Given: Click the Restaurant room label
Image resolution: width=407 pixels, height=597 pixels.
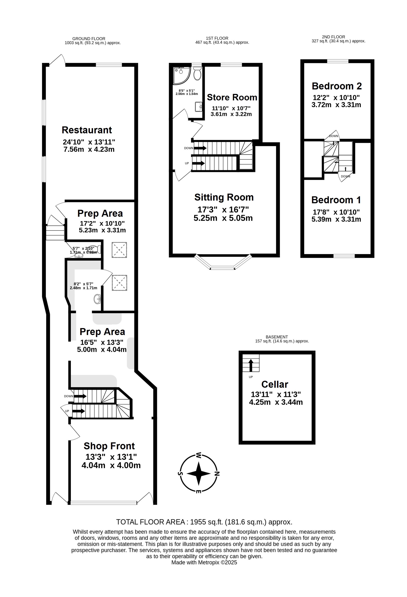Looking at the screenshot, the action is tap(87, 130).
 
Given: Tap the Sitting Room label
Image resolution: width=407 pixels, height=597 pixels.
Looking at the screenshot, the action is tap(224, 197).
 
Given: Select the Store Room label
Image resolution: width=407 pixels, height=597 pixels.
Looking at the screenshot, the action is tap(232, 97).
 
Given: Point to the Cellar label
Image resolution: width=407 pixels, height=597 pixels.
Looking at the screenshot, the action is tap(275, 384).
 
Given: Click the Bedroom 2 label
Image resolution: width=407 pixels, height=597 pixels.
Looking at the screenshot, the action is tap(337, 86).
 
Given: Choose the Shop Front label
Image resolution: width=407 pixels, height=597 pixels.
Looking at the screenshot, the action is tap(109, 446).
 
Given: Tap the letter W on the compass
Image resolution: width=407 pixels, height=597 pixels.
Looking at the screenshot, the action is tap(199, 455).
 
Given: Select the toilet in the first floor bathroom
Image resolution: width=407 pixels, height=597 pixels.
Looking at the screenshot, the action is tap(197, 73).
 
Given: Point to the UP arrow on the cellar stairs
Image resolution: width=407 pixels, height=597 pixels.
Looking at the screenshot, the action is tap(251, 365).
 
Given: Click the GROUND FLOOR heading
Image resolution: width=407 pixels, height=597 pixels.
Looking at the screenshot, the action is tap(89, 39).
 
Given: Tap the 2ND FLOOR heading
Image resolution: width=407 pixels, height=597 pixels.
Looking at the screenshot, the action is tap(333, 37).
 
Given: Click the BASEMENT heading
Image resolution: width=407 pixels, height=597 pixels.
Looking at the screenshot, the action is tap(277, 337).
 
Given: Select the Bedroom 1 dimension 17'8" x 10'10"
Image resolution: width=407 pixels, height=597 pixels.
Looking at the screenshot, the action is tap(336, 212).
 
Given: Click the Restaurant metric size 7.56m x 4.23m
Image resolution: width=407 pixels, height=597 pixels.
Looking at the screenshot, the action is tap(89, 149).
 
